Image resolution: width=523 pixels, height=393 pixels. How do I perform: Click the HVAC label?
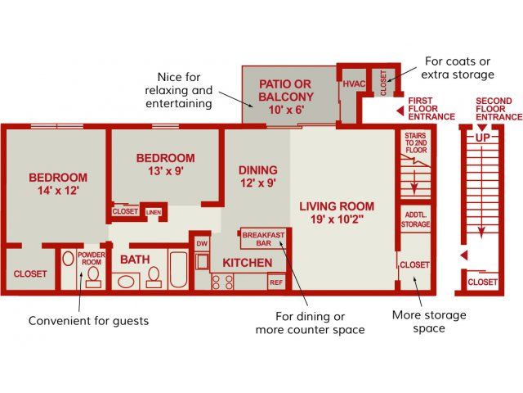pyautogui.click(x=354, y=84)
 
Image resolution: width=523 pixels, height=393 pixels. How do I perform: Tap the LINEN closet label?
pyautogui.click(x=154, y=212)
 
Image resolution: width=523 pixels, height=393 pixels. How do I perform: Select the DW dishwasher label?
pyautogui.click(x=202, y=244)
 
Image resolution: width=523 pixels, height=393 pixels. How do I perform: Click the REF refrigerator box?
pyautogui.click(x=276, y=282)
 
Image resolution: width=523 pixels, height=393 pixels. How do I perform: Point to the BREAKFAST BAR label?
pyautogui.click(x=263, y=239)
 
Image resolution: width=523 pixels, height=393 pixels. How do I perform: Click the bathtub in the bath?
pyautogui.click(x=178, y=269)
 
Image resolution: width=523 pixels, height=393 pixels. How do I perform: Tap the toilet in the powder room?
pyautogui.click(x=93, y=278)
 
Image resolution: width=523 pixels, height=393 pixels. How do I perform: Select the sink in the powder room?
pyautogui.click(x=68, y=259)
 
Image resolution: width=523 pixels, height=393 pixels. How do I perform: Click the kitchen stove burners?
pyautogui.click(x=222, y=282)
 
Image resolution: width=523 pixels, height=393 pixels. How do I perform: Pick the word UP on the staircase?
pyautogui.click(x=482, y=138)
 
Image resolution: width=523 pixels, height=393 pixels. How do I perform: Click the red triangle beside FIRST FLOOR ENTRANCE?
pyautogui.click(x=400, y=111)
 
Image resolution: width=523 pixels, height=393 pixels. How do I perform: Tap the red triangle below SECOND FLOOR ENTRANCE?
pyautogui.click(x=482, y=128)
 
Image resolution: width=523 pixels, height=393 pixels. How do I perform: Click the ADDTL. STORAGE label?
pyautogui.click(x=416, y=219)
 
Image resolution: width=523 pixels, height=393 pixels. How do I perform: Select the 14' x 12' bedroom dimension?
pyautogui.click(x=58, y=191)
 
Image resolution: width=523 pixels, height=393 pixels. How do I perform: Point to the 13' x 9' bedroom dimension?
pyautogui.click(x=166, y=171)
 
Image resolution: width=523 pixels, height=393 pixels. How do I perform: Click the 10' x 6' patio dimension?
pyautogui.click(x=286, y=110)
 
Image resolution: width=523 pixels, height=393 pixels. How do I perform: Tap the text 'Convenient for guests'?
pyautogui.click(x=89, y=321)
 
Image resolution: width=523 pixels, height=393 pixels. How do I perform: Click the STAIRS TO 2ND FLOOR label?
pyautogui.click(x=416, y=143)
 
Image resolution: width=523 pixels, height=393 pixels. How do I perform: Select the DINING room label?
pyautogui.click(x=258, y=170)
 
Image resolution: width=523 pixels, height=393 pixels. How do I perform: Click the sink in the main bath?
pyautogui.click(x=126, y=282)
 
